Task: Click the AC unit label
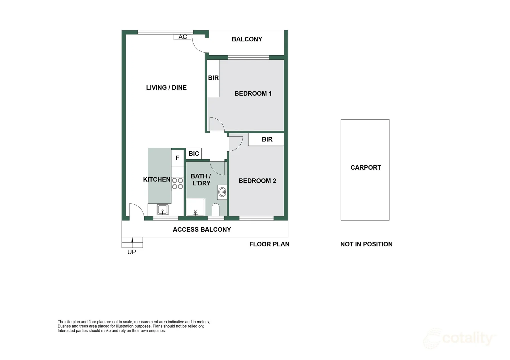click(183, 37)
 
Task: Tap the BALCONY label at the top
click(247, 39)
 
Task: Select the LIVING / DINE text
click(166, 88)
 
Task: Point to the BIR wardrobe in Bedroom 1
click(213, 78)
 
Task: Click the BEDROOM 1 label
click(253, 94)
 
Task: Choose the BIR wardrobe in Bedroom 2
click(267, 139)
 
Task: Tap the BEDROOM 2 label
click(257, 181)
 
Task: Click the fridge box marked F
click(177, 158)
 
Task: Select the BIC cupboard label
click(194, 154)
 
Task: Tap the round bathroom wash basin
click(222, 192)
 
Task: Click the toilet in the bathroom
click(216, 210)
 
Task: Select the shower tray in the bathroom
click(195, 208)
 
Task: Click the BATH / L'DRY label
click(201, 180)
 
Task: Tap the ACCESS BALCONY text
click(202, 230)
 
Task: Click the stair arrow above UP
click(132, 240)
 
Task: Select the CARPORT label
click(365, 168)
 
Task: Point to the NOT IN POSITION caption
click(366, 244)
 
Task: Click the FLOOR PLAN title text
click(269, 244)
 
